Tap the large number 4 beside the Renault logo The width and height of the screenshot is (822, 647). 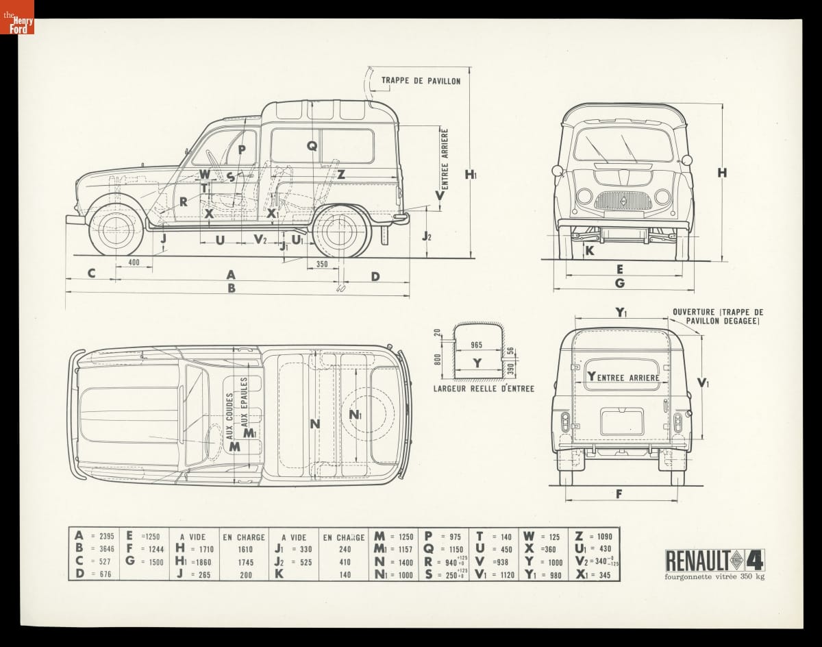753,559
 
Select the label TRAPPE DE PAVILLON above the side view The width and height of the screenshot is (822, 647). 421,80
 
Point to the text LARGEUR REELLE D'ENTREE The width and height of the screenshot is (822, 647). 484,389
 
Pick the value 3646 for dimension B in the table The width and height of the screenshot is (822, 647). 107,550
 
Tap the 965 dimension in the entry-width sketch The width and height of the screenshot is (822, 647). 477,345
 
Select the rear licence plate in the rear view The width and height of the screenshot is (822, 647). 622,422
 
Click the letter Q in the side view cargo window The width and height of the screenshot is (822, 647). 312,145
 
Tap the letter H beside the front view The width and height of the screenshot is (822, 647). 722,173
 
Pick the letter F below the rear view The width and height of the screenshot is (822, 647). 619,493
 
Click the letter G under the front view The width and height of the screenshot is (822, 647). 619,282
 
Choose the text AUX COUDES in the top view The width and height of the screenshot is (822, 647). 230,415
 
